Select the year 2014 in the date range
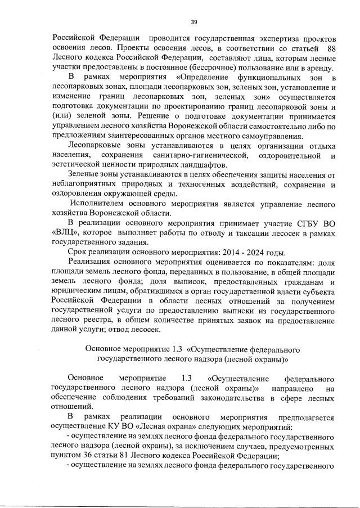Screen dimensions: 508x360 click(231, 253)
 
